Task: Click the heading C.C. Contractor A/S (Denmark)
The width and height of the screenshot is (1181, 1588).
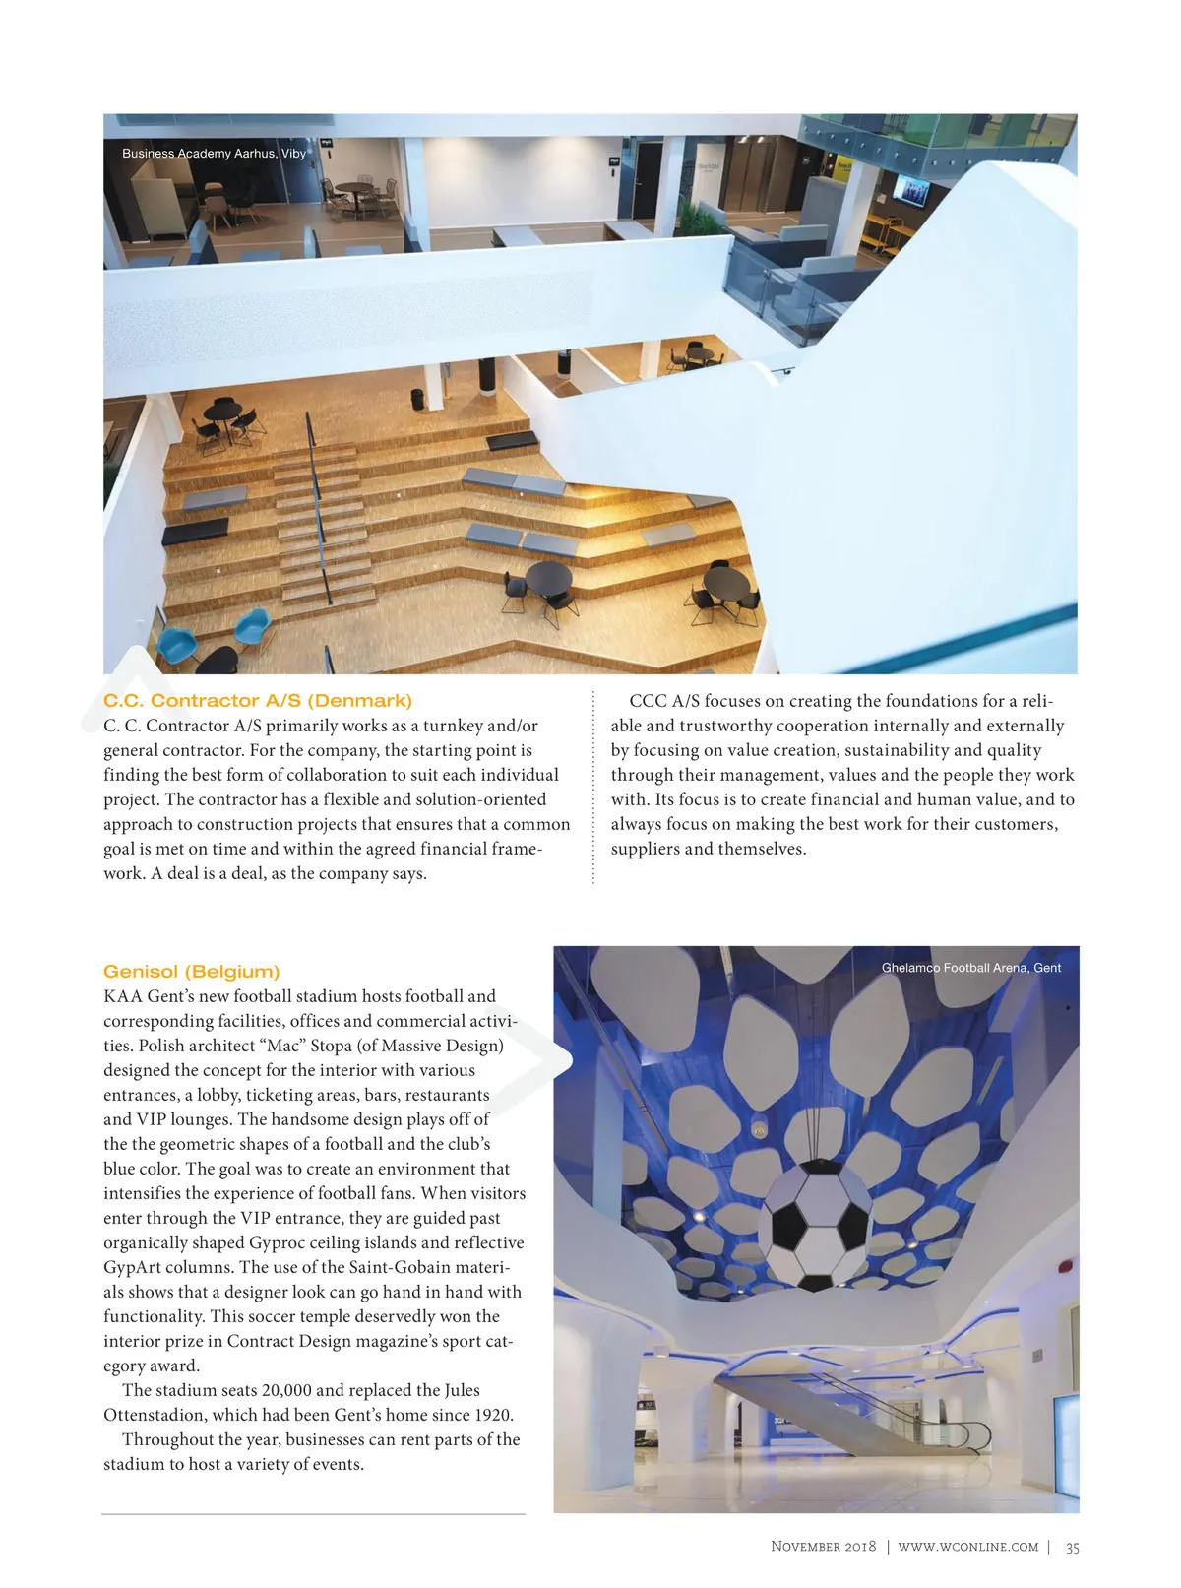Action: click(x=258, y=701)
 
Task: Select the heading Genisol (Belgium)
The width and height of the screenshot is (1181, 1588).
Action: click(x=192, y=972)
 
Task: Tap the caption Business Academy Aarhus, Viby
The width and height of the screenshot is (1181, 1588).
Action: click(x=214, y=154)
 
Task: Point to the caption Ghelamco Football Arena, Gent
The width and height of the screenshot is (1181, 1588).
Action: click(x=970, y=968)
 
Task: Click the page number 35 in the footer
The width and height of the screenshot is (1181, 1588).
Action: click(x=1072, y=1548)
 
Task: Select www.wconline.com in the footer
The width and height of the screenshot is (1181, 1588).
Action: click(x=967, y=1547)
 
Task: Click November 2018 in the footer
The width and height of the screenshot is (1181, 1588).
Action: click(x=823, y=1547)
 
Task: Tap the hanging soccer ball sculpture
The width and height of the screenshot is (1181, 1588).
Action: click(x=813, y=1224)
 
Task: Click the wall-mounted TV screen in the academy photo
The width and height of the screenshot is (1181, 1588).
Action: click(x=910, y=190)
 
